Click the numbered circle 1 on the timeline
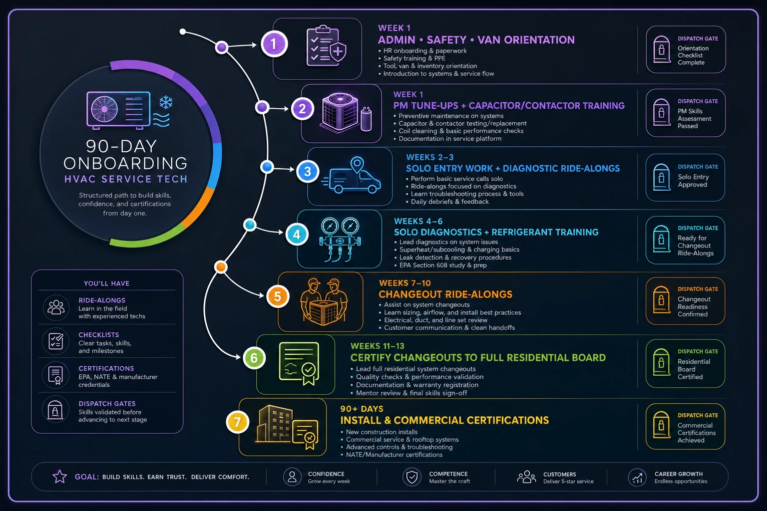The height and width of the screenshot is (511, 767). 274,44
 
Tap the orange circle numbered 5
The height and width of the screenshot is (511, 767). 278,296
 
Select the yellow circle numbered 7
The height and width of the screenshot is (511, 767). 237,422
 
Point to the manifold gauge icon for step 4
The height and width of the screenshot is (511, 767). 340,239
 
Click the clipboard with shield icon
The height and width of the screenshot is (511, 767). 326,46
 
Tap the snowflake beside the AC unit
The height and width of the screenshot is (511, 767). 166,103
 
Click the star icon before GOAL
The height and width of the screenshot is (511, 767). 59,477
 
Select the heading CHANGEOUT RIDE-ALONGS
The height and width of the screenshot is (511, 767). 445,294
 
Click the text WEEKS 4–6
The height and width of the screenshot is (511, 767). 418,221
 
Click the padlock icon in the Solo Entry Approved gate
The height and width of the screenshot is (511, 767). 661,177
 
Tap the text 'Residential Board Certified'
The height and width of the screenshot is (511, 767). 694,369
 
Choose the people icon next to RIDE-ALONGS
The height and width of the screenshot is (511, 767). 56,307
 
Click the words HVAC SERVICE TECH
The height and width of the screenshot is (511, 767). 126,179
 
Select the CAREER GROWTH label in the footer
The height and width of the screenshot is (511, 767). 678,474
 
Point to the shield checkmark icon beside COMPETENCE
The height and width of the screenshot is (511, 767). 411,477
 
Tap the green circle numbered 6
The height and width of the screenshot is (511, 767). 254,358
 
